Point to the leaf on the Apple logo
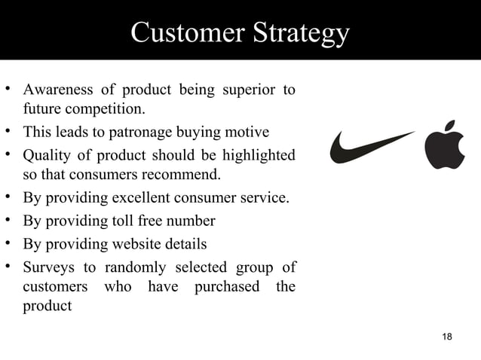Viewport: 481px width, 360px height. coord(452,125)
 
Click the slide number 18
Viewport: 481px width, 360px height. coord(447,336)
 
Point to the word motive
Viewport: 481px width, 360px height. coord(248,133)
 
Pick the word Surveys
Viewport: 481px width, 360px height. coord(47,267)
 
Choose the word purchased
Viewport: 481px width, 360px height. coord(226,287)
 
